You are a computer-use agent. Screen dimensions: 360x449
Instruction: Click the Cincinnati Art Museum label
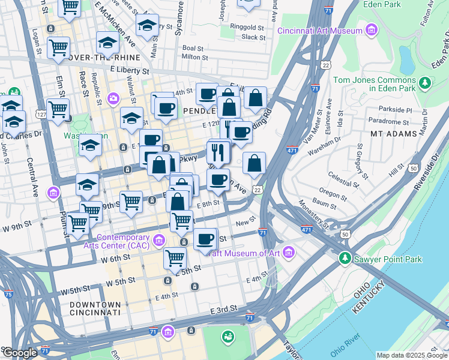pyautogui.click(x=321, y=29)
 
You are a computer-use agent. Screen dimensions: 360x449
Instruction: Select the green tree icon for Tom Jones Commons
pyautogui.click(x=425, y=82)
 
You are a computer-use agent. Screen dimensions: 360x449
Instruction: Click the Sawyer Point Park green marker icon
pyautogui.click(x=345, y=259)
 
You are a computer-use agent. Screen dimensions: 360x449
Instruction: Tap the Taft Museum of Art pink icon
pyautogui.click(x=289, y=253)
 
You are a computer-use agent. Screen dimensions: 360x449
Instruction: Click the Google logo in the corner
pyautogui.click(x=20, y=353)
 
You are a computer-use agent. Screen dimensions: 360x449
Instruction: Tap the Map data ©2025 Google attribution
pyautogui.click(x=412, y=355)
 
